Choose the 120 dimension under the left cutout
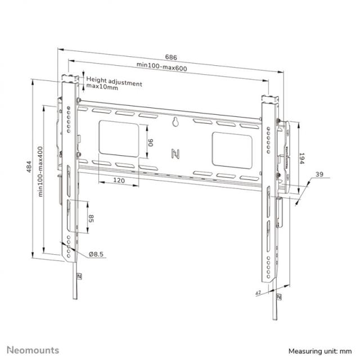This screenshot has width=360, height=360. (x=119, y=181)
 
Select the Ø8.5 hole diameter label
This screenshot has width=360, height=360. (x=96, y=255)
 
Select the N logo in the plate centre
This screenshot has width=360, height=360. (x=174, y=152)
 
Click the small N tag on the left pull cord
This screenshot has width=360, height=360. (x=79, y=276)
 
